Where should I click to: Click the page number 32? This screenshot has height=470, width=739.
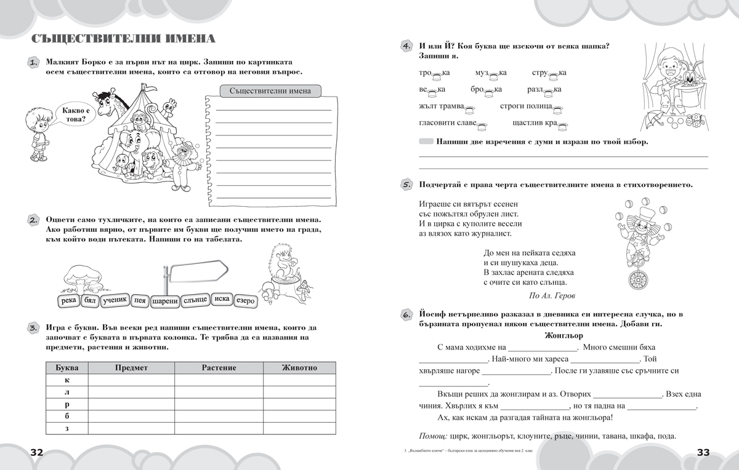(36, 452)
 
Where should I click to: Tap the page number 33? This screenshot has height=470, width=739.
(703, 452)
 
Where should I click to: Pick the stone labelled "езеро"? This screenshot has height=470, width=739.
(246, 301)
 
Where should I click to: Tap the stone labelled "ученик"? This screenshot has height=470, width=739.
(115, 300)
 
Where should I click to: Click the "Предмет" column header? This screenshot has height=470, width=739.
(131, 367)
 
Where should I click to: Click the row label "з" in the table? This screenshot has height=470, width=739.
(67, 428)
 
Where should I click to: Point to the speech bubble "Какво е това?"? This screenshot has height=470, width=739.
(74, 114)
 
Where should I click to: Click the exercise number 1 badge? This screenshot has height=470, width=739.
(33, 63)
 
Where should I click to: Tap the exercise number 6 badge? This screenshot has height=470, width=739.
(406, 315)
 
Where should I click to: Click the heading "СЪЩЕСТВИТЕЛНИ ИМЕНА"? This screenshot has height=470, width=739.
(123, 40)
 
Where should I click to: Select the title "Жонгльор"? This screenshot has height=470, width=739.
(563, 336)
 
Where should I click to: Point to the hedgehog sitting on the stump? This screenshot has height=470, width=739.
(271, 261)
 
